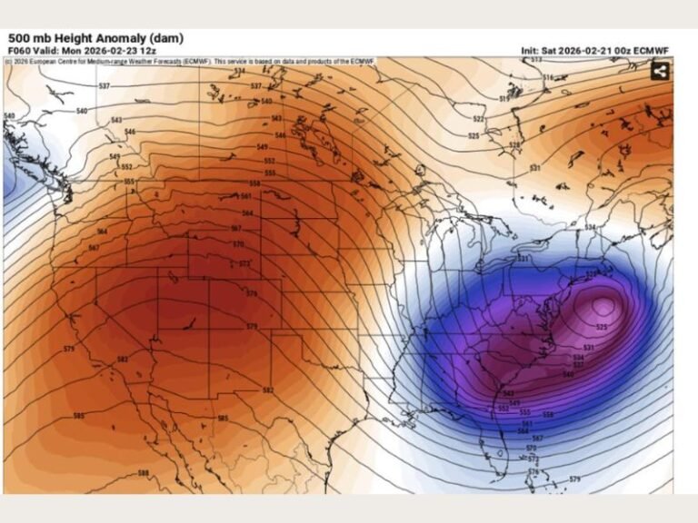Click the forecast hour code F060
(x=19, y=51)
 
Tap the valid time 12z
(x=148, y=51)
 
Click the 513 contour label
(x=536, y=60)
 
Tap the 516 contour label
(x=548, y=78)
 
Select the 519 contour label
(x=504, y=98)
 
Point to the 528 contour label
(x=514, y=145)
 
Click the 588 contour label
(x=144, y=473)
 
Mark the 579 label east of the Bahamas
(x=574, y=479)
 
